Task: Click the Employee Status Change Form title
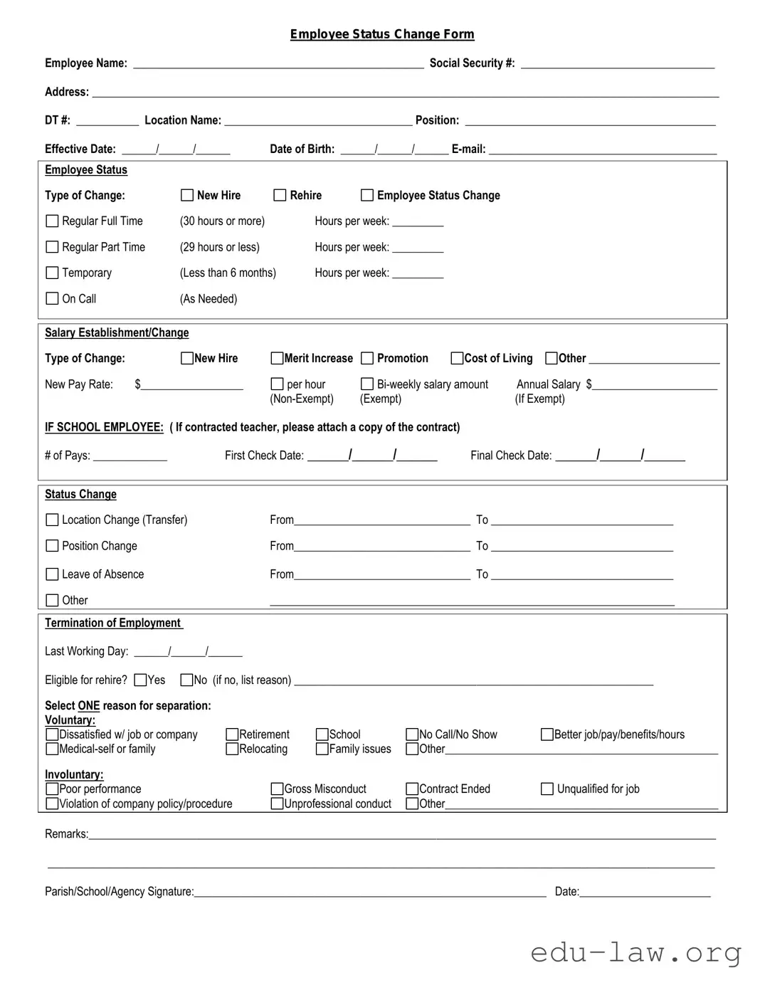382,34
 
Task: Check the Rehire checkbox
280,195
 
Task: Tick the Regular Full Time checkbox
52,221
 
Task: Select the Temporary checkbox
52,273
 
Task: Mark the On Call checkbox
52,299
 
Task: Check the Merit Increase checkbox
278,358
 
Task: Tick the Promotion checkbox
367,358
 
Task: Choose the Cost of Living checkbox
458,358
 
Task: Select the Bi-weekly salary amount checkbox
367,384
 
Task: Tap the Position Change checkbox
52,546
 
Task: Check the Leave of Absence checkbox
52,574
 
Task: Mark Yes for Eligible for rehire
140,680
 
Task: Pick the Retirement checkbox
232,734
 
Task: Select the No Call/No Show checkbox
412,734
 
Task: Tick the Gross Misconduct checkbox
278,789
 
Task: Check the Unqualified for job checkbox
547,789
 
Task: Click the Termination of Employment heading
113,623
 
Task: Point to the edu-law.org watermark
635,952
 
